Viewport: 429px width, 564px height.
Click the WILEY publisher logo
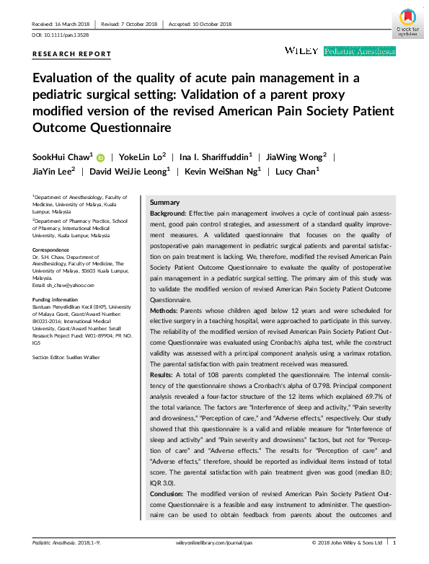tap(302, 50)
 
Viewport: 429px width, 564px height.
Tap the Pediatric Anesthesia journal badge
tap(360, 51)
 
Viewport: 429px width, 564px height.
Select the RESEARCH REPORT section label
tap(72, 54)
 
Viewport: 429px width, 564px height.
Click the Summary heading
tap(164, 203)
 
